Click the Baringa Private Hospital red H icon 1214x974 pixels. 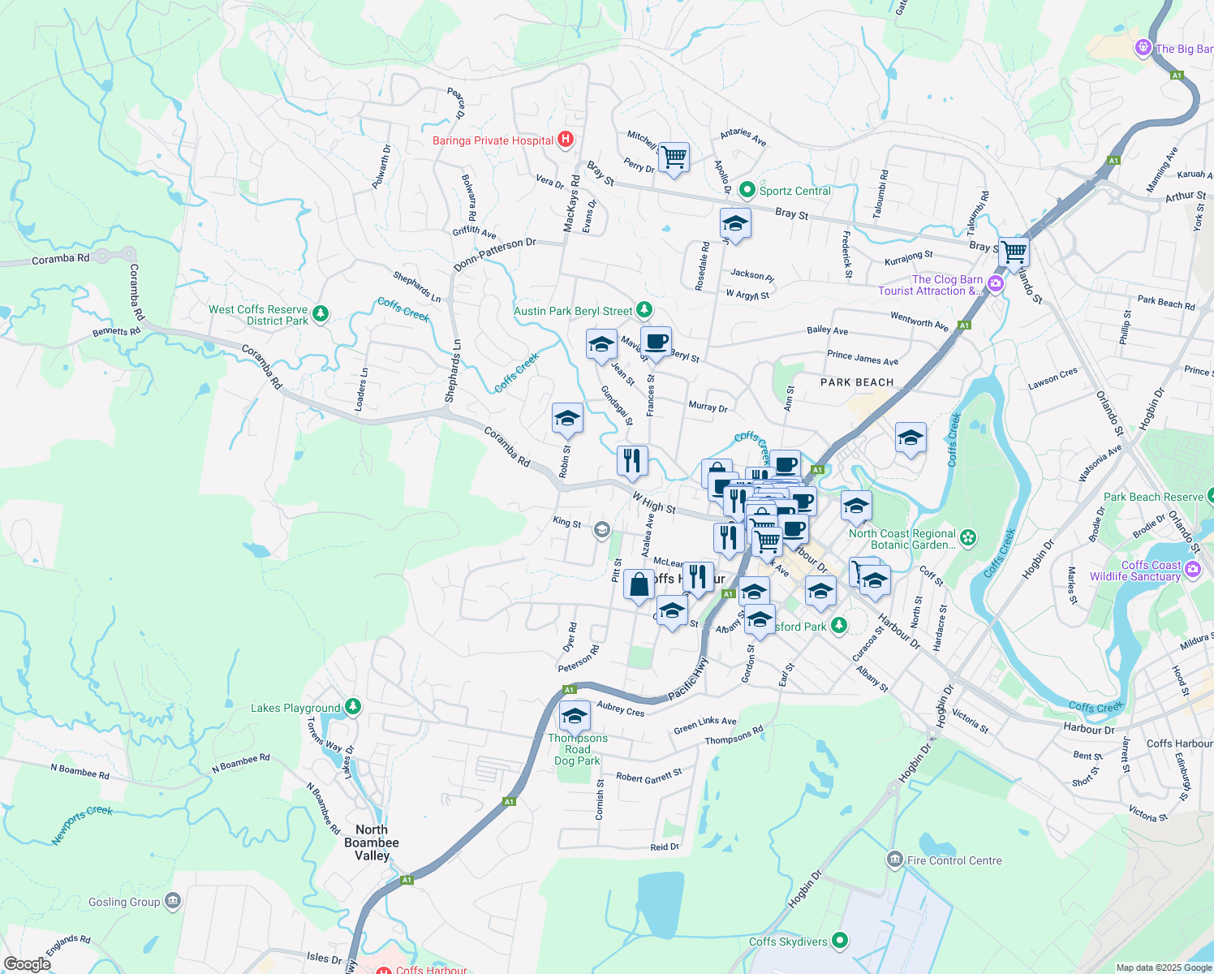tap(566, 140)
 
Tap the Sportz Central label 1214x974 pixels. tap(794, 191)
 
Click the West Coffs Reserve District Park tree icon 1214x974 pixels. tap(321, 313)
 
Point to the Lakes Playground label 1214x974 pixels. tap(295, 708)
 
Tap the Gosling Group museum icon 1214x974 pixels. tap(172, 900)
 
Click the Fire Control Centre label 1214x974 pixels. tap(954, 860)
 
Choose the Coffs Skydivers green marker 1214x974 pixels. tap(840, 941)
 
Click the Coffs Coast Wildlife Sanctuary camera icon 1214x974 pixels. tap(1192, 568)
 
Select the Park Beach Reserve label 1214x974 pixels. tap(1153, 497)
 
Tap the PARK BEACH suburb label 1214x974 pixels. tap(857, 382)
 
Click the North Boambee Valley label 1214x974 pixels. tap(372, 843)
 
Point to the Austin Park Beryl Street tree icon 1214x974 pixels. tap(644, 309)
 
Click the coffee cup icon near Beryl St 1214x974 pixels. tap(656, 342)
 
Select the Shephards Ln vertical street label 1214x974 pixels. tap(453, 371)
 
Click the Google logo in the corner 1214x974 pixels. tap(27, 963)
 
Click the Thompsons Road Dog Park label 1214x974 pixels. tap(577, 749)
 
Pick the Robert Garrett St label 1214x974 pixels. tap(649, 776)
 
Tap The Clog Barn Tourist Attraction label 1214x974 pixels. tap(930, 285)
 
